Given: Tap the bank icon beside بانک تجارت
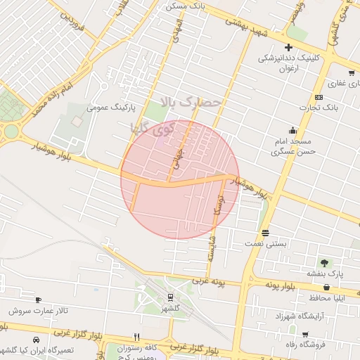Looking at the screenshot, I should click(319, 97).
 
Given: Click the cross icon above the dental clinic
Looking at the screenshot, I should click(288, 47).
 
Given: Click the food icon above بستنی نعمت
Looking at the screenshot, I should click(265, 233).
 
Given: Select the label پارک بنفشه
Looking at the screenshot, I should click(323, 273).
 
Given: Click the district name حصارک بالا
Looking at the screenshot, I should click(191, 103).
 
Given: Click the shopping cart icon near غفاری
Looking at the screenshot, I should click(351, 72).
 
